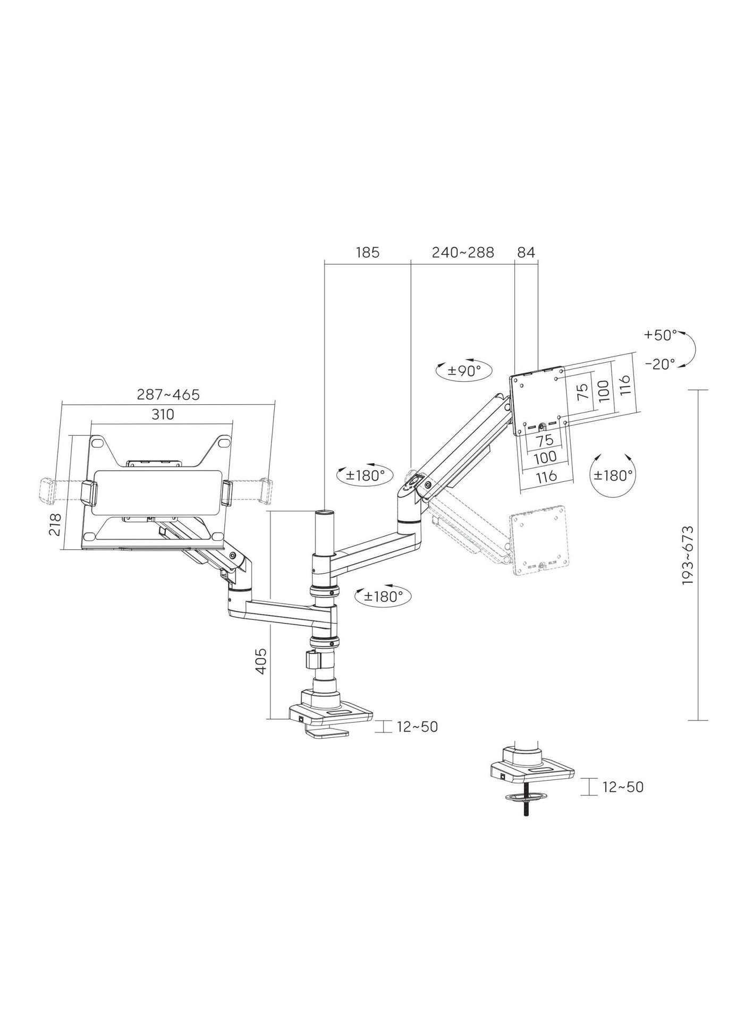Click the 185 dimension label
368,252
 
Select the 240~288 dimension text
462,252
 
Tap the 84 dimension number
526,252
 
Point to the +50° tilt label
660,335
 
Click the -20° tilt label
660,364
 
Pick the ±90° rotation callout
463,370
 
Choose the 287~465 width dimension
168,395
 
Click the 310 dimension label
163,414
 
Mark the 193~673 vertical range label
688,556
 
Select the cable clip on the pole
312,660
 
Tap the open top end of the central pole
324,513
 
